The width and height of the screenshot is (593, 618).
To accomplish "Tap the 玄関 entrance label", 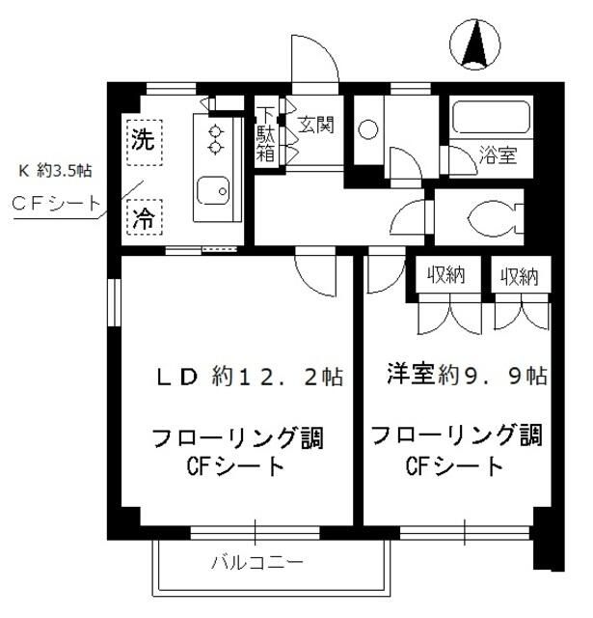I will (315, 125).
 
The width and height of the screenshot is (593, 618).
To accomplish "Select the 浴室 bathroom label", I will (498, 154).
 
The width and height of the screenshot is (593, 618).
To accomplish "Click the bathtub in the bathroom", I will (491, 119).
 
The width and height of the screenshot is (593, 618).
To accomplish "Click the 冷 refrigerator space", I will (142, 213).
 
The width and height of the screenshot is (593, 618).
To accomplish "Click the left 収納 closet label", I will (447, 275).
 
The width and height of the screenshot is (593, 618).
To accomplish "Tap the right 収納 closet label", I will (519, 275).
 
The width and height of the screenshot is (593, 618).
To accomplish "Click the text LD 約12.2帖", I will (251, 377).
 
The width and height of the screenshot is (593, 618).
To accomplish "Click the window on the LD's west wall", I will (113, 309).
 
